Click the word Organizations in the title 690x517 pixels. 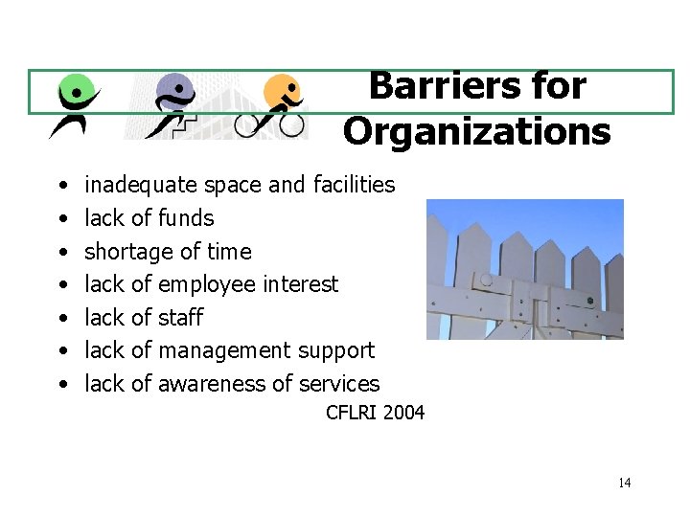click(x=476, y=131)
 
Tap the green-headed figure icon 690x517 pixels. click(x=73, y=105)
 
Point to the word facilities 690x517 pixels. click(x=354, y=185)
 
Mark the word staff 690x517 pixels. click(x=180, y=318)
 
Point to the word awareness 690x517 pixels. click(x=209, y=384)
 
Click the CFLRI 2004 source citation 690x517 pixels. click(x=375, y=414)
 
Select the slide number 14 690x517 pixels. click(x=624, y=483)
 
